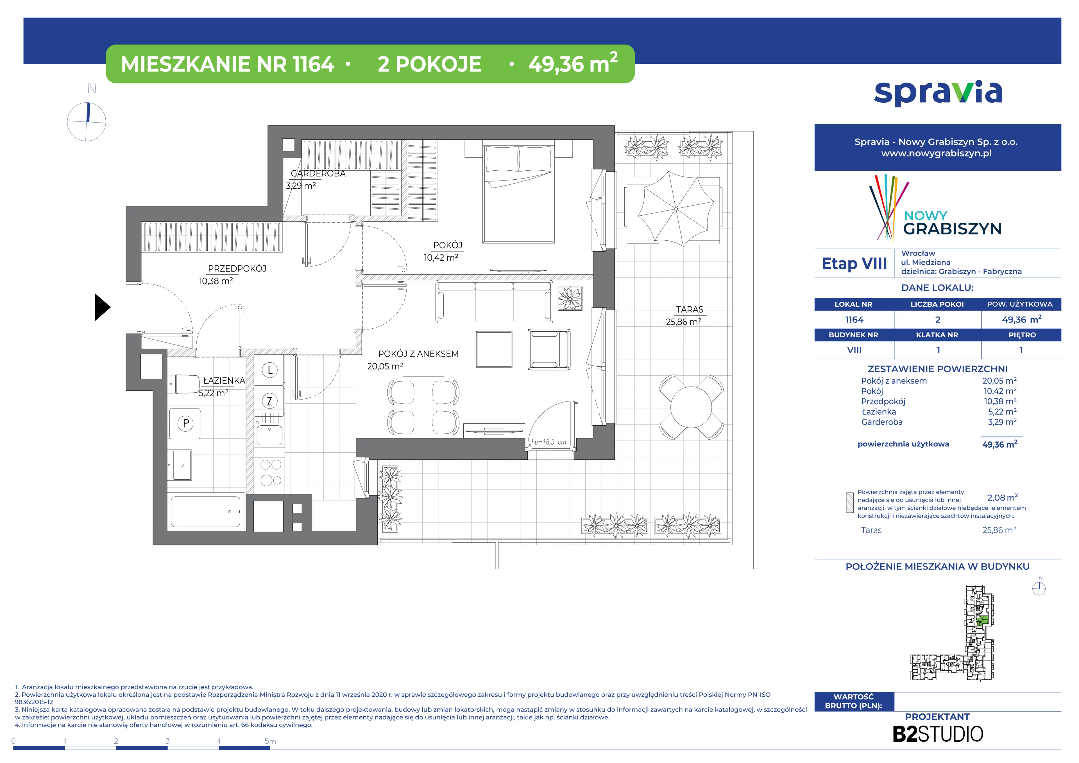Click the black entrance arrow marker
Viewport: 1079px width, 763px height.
tap(102, 308)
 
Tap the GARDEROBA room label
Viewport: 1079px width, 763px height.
tap(318, 173)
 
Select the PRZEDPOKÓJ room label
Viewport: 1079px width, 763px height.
tap(237, 268)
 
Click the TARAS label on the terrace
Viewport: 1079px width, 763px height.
tap(690, 309)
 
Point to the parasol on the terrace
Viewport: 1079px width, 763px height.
tap(675, 209)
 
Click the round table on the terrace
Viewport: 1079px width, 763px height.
tap(691, 407)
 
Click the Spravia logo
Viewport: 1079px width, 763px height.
tap(938, 93)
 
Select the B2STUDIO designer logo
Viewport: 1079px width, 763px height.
tap(938, 734)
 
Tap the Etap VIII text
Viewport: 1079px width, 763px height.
tap(854, 264)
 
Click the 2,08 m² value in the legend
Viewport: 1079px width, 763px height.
tap(1002, 497)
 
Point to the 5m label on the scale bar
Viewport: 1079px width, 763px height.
tap(270, 741)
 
